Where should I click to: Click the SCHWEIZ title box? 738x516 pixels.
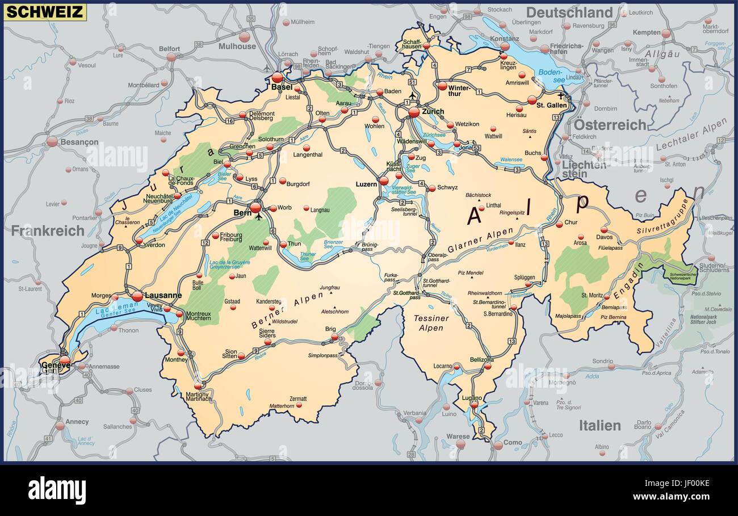tap(45, 12)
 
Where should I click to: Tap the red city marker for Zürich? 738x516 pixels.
tap(414, 112)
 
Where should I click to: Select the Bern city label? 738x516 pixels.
tap(242, 213)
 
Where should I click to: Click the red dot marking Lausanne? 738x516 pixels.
tap(137, 296)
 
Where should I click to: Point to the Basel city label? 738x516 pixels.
tap(282, 87)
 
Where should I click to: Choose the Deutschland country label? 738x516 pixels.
tap(569, 12)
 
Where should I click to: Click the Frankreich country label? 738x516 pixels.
tap(48, 230)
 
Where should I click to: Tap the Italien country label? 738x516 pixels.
tap(599, 425)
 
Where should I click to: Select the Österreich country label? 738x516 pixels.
tap(610, 125)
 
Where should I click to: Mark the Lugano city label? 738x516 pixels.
tap(471, 398)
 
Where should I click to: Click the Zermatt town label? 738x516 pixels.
tap(297, 398)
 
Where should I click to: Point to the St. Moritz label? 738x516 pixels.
tap(592, 296)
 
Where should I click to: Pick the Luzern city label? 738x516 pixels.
tap(366, 184)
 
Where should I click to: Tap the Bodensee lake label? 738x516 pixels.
tap(549, 75)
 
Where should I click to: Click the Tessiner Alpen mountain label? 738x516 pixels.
tap(431, 323)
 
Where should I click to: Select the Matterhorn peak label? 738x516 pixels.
tap(282, 406)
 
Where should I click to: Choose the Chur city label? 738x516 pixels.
tap(570, 223)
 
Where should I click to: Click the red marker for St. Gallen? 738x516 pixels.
tap(532, 100)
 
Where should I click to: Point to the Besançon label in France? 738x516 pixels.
tap(79, 142)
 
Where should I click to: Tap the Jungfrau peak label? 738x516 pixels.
tap(329, 288)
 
